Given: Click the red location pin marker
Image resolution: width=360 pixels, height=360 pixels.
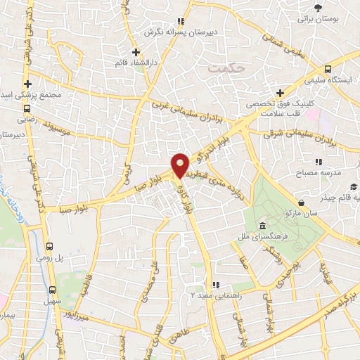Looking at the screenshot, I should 180,165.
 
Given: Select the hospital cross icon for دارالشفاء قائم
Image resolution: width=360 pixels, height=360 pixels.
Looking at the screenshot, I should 137,52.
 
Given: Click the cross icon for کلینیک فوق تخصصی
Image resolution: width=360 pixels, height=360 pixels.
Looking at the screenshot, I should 280,93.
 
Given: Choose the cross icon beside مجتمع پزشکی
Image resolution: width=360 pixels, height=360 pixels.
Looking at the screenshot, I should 27,83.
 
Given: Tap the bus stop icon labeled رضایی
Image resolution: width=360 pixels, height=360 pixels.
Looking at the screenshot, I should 27,109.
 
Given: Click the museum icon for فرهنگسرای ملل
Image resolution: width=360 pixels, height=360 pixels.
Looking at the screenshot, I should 262,226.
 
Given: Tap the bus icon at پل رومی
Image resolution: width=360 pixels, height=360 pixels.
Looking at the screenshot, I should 49,246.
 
